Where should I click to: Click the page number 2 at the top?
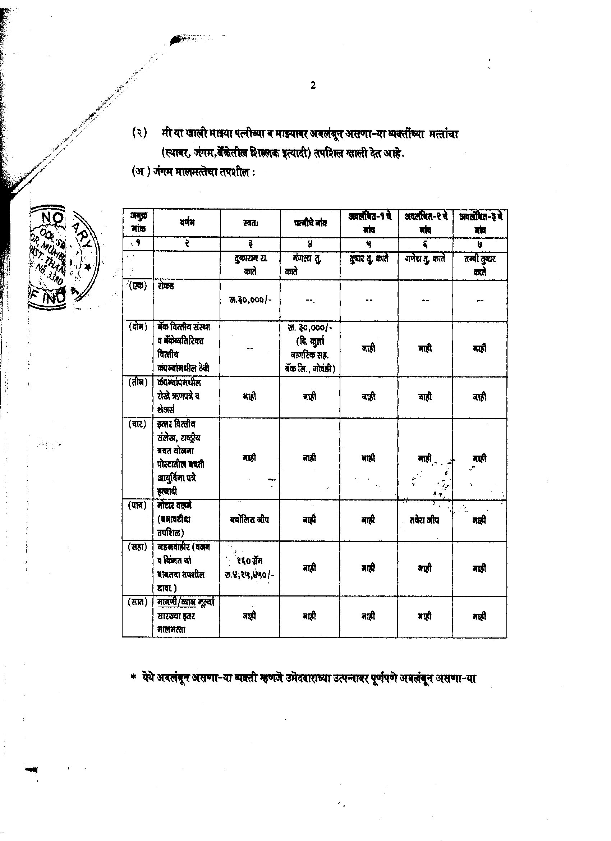point(313,86)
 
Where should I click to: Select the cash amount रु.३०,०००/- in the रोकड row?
point(250,300)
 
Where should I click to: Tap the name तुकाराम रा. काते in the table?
point(250,265)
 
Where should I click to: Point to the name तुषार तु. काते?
point(368,259)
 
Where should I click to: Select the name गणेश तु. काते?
point(425,259)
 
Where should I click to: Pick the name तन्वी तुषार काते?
point(480,265)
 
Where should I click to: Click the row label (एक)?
point(138,286)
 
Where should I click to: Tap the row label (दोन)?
point(138,327)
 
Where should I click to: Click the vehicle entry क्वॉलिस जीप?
point(249,520)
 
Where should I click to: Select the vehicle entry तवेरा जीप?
point(424,520)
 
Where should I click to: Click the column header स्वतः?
point(250,223)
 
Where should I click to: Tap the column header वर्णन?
point(187,223)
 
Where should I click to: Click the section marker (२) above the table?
point(139,133)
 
